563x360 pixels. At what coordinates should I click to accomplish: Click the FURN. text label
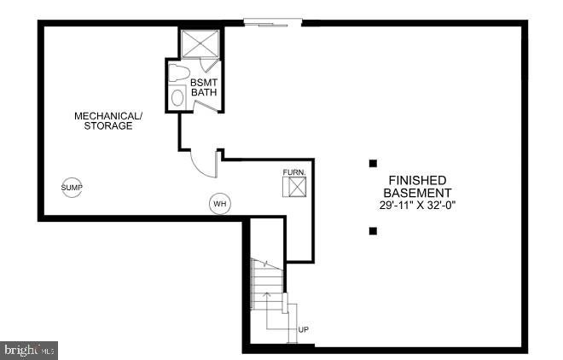(x=294, y=172)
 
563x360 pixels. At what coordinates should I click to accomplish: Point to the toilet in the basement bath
(x=178, y=73)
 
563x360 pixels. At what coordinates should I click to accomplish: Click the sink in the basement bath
(x=177, y=97)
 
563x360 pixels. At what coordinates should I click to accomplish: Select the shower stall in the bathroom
(x=200, y=44)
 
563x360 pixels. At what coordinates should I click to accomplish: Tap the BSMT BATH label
(x=204, y=87)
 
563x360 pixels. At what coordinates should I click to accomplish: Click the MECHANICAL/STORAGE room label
(x=108, y=121)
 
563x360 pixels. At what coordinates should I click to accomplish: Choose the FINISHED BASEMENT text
(x=417, y=186)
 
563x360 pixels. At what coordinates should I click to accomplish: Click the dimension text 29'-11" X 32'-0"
(x=417, y=206)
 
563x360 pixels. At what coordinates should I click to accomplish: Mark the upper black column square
(x=373, y=164)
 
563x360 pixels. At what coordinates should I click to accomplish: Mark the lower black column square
(x=373, y=231)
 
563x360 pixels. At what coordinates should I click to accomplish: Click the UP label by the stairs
(x=303, y=329)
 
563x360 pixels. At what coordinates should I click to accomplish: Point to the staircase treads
(x=268, y=284)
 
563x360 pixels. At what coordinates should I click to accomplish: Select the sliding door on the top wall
(x=272, y=23)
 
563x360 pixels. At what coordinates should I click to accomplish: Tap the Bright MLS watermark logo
(x=29, y=349)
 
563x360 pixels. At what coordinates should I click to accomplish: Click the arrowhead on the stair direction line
(x=267, y=294)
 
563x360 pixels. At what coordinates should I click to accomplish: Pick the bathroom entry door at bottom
(x=206, y=107)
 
